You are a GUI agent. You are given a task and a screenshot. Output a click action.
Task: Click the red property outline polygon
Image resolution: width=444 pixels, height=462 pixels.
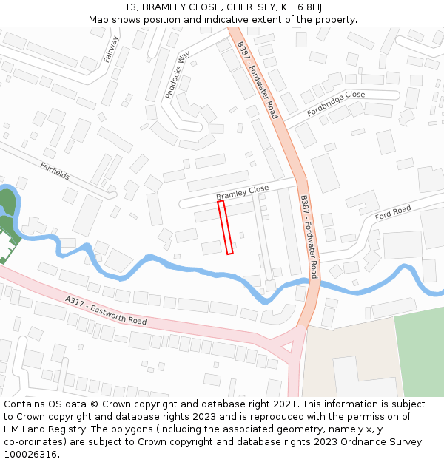(226, 227)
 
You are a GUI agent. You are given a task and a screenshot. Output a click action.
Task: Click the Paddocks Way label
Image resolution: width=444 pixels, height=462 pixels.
(178, 75)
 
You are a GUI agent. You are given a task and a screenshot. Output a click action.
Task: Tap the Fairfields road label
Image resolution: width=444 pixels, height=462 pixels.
(55, 171)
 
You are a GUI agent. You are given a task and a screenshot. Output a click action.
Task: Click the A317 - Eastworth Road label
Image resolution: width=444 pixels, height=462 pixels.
(106, 310)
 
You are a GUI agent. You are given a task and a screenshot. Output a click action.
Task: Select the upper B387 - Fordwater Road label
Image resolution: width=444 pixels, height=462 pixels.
(257, 79)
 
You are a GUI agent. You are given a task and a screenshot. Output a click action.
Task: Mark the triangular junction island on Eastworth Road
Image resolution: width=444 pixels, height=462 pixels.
(286, 345)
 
